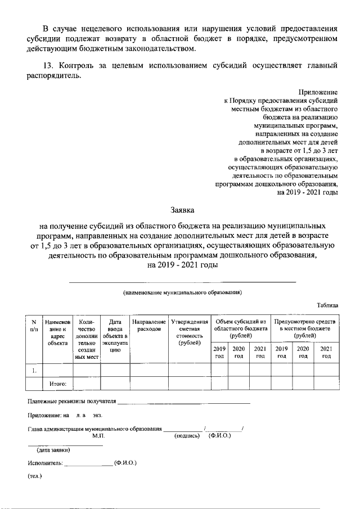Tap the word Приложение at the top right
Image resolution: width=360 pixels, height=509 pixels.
click(319, 92)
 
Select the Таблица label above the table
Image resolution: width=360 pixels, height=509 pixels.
click(327, 305)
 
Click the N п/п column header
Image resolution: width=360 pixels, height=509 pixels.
click(33, 325)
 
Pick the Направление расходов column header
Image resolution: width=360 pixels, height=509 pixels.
click(149, 325)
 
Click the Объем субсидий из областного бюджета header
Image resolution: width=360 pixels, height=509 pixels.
click(240, 328)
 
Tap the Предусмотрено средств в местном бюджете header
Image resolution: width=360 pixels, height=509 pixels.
click(305, 328)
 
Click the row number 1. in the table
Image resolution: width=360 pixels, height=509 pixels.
click(34, 370)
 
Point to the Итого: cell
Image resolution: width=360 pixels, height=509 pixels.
click(58, 384)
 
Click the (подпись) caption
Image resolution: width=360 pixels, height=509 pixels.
click(188, 436)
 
